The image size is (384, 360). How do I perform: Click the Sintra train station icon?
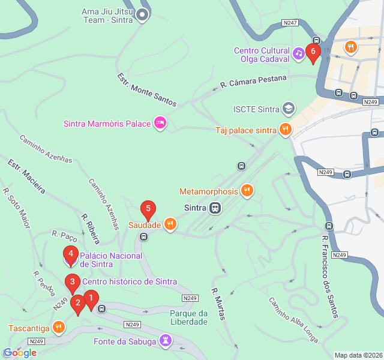pos(214,208)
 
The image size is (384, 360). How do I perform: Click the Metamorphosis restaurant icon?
pos(246,191)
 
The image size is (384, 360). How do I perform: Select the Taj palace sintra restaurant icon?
pos(285,130)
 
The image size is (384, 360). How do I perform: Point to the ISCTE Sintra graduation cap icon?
pos(289,109)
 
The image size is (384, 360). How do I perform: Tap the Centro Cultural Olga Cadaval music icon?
pos(298,55)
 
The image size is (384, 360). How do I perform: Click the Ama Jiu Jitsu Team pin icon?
pos(142,14)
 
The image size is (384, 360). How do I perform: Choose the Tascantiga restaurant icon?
pos(58,328)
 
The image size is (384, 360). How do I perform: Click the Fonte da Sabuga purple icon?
pos(166,341)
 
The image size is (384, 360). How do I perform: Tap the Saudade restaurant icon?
pos(170,224)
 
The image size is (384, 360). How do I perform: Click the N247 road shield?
pos(290,23)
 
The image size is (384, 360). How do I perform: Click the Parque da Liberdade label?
pos(188,317)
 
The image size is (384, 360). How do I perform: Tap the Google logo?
pos(20,353)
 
